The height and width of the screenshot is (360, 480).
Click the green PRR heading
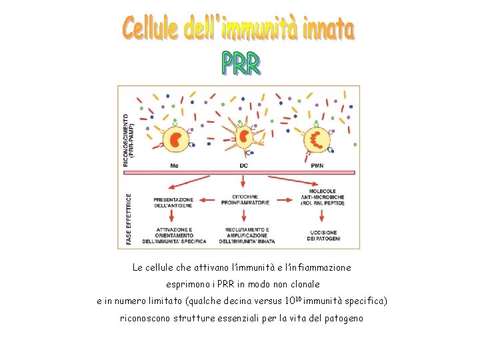click(x=241, y=63)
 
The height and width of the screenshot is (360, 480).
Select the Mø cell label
click(x=175, y=165)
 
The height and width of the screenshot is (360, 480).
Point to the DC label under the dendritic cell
click(x=244, y=165)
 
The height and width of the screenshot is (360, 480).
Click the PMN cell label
click(x=317, y=165)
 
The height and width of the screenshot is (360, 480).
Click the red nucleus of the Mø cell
click(x=176, y=139)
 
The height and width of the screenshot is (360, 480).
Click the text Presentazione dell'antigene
click(x=173, y=203)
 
